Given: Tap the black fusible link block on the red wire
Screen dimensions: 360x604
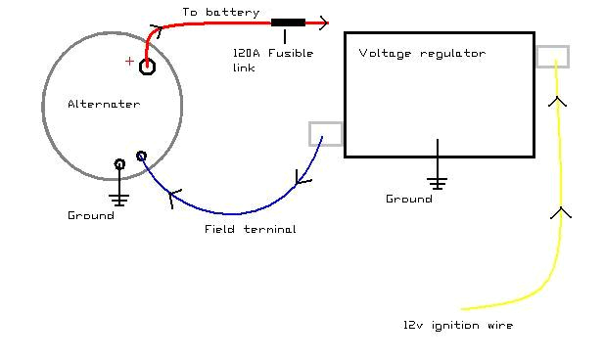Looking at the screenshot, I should pos(287,22).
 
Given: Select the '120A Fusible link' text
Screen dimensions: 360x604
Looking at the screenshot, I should pos(259,60).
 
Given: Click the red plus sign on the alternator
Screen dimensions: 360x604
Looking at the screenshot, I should pos(129,62).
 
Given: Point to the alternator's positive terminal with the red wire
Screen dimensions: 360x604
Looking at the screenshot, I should pos(147,67).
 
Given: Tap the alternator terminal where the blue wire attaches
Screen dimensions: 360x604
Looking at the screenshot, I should pos(141,157).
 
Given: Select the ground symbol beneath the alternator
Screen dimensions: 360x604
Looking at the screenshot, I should pos(119,198).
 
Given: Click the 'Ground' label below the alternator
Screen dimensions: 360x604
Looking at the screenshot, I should pos(91,215).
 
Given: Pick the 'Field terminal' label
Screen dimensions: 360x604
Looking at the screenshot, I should pos(250,229).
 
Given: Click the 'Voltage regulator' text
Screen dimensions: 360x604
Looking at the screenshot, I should pos(422,54).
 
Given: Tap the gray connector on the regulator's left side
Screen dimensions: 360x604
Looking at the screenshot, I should pos(325,134).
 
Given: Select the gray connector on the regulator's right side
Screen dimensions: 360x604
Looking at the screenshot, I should pos(552,56).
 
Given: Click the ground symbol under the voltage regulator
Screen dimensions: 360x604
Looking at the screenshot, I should pos(437,182).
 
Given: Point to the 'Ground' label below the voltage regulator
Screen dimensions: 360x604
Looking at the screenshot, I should pos(408,199).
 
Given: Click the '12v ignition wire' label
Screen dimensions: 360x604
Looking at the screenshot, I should pos(457,325).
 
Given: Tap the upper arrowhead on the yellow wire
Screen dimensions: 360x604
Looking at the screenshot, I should pos(557,101).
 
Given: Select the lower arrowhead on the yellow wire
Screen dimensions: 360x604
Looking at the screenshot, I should pos(561,211).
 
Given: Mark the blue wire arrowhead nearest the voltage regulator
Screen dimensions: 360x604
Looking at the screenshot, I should pos(302,178).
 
